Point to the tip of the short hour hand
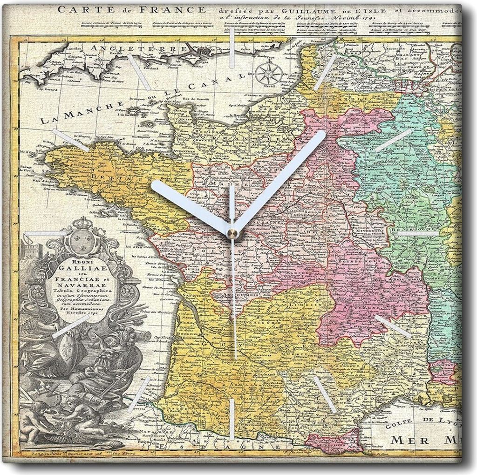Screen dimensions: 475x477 point(155,185)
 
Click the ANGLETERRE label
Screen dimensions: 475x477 point(139,48)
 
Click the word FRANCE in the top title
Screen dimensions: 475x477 point(177,9)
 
